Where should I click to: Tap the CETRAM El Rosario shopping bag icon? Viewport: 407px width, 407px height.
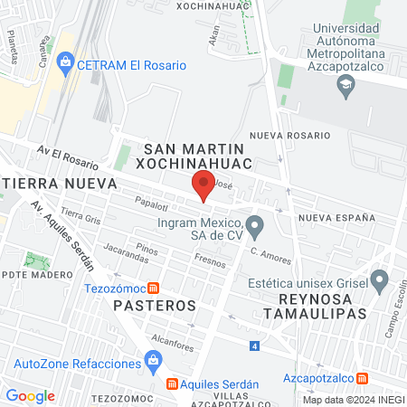click(x=64, y=64)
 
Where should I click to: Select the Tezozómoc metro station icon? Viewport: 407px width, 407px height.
click(x=154, y=289)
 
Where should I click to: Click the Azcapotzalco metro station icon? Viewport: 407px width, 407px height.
click(x=363, y=378)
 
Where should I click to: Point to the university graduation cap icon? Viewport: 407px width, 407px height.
click(x=345, y=86)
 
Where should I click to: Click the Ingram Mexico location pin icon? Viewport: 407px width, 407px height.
click(x=255, y=223)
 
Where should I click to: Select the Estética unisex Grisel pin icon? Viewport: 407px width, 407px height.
click(x=379, y=279)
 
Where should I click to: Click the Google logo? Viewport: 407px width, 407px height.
click(x=30, y=395)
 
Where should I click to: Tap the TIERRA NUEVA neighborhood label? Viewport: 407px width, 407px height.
click(x=60, y=183)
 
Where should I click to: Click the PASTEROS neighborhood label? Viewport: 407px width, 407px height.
click(x=155, y=306)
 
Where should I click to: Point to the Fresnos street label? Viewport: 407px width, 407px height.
click(x=210, y=261)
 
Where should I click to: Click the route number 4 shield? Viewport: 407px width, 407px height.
click(x=255, y=346)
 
